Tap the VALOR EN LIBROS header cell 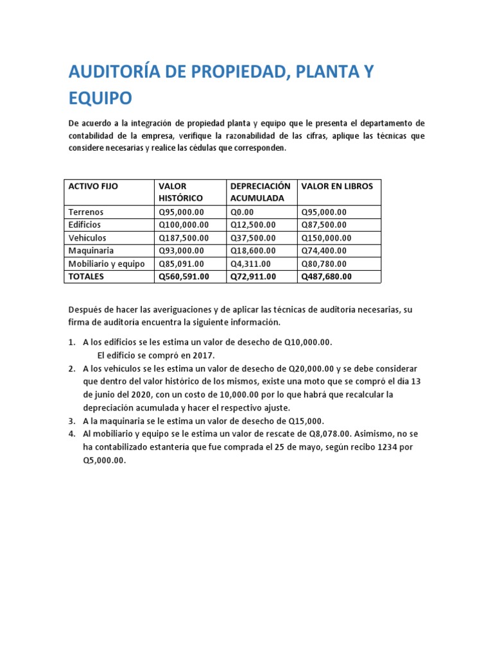[x=336, y=186]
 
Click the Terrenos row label [x=85, y=212]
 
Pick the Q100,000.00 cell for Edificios [x=184, y=225]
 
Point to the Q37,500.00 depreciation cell [x=253, y=238]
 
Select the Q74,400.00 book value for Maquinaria [x=324, y=251]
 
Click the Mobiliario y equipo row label [x=106, y=264]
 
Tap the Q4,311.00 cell [x=250, y=264]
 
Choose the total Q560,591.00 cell [x=184, y=277]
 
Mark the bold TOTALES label [x=86, y=277]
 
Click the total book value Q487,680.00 [x=327, y=277]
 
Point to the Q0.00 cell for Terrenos [x=243, y=212]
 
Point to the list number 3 [x=71, y=421]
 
